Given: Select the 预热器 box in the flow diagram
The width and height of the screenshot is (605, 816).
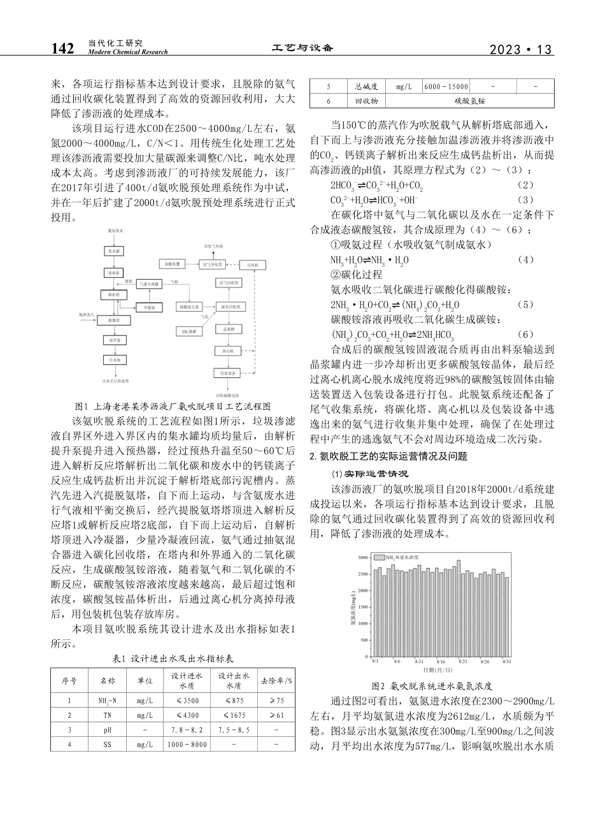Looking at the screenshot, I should click(x=114, y=273).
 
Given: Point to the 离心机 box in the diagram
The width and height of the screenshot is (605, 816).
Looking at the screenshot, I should click(x=228, y=350).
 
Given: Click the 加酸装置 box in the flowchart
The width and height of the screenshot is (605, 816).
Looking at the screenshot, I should click(x=173, y=263).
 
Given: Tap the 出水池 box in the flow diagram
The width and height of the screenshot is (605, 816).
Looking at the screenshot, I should click(x=114, y=360).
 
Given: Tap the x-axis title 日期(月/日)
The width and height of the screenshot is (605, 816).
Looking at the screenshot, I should click(x=438, y=669).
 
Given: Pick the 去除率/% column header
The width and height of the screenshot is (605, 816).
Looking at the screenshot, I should click(x=275, y=680).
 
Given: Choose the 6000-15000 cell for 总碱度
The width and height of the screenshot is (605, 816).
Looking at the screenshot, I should click(x=446, y=86).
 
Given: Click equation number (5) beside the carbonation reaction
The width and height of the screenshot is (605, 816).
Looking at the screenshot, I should click(x=526, y=304).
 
